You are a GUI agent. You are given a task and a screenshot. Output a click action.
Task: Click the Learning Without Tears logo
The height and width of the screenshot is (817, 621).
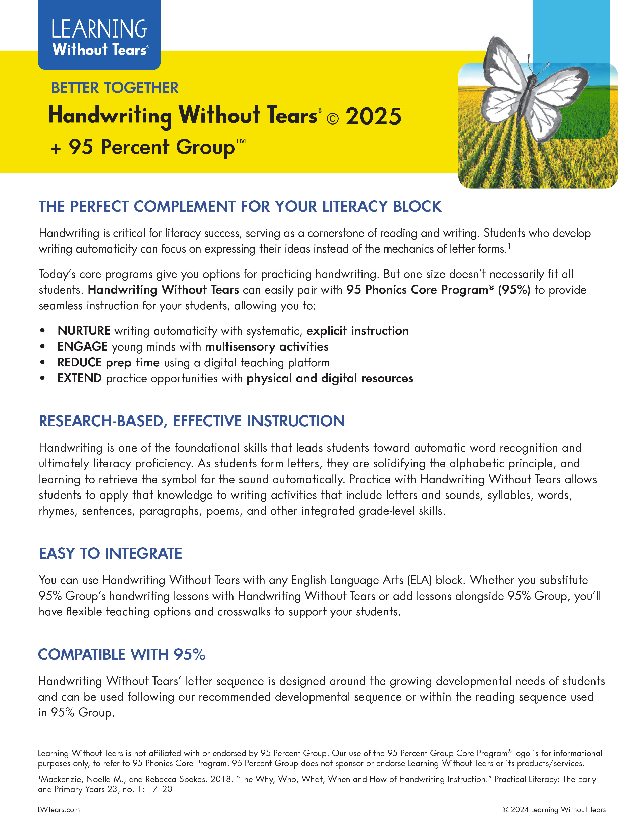click(x=99, y=37)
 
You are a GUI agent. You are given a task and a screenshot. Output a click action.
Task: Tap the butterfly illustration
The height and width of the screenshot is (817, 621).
click(x=532, y=92)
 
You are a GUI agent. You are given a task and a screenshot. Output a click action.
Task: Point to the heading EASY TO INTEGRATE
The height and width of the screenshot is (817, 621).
click(x=110, y=553)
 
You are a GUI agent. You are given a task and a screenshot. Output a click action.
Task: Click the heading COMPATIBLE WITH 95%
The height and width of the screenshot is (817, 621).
click(x=122, y=654)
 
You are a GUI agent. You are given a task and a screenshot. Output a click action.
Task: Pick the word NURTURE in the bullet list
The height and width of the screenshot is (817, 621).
click(x=84, y=330)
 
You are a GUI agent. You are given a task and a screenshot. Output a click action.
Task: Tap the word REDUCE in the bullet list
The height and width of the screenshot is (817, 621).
click(x=80, y=362)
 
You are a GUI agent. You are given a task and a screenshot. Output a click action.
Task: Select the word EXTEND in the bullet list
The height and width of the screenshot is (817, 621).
click(x=80, y=378)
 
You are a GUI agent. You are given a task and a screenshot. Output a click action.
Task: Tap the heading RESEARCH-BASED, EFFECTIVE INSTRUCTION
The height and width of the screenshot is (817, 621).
click(x=191, y=421)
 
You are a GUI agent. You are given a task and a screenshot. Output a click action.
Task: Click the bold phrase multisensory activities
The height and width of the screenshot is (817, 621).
click(x=267, y=346)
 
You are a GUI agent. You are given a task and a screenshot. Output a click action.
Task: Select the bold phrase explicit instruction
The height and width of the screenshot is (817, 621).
click(x=357, y=330)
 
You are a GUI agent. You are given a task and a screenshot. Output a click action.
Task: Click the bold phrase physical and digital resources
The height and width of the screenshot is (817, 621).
click(x=330, y=378)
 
